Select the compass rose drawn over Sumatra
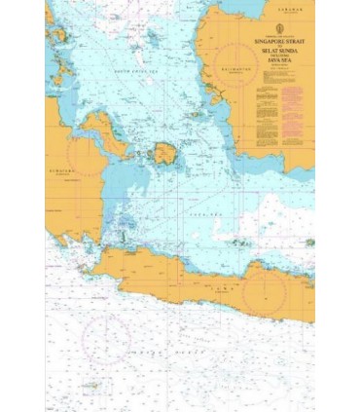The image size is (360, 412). tap(87, 159)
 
